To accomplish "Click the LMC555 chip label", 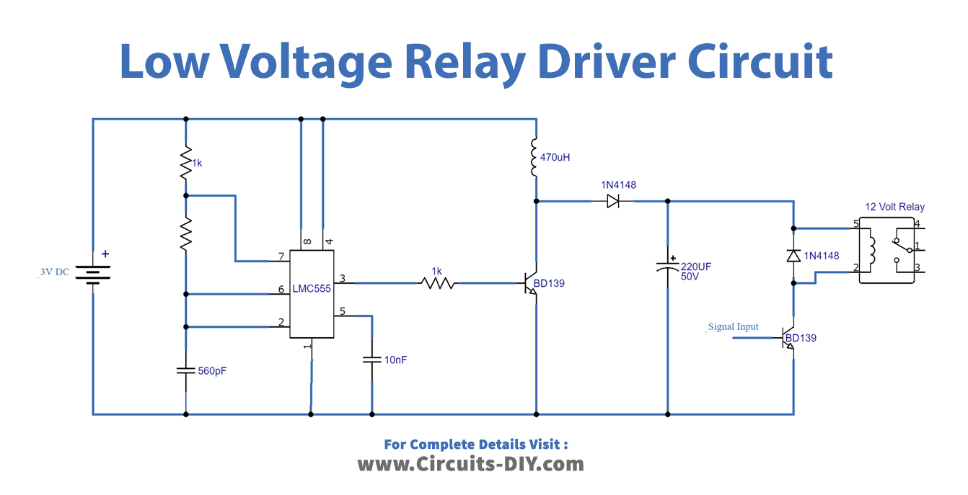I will pos(312,289).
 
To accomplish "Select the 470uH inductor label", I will pos(555,156).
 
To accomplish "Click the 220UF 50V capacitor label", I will pos(696,272).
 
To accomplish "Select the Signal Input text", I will pos(733,326).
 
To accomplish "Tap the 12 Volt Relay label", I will pos(894,207).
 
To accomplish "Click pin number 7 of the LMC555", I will pos(281,257).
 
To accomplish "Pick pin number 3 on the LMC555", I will pos(343,278).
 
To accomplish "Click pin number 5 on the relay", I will pos(856,224).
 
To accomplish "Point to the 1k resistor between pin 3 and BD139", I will pos(438,283).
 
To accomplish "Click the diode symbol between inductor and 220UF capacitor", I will pos(613,202).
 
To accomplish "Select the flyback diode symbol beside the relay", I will pos(793,255).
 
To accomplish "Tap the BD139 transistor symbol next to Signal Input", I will pos(788,338).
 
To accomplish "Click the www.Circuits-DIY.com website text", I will pos(470,463).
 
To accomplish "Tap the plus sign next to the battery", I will pos(105,254).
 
